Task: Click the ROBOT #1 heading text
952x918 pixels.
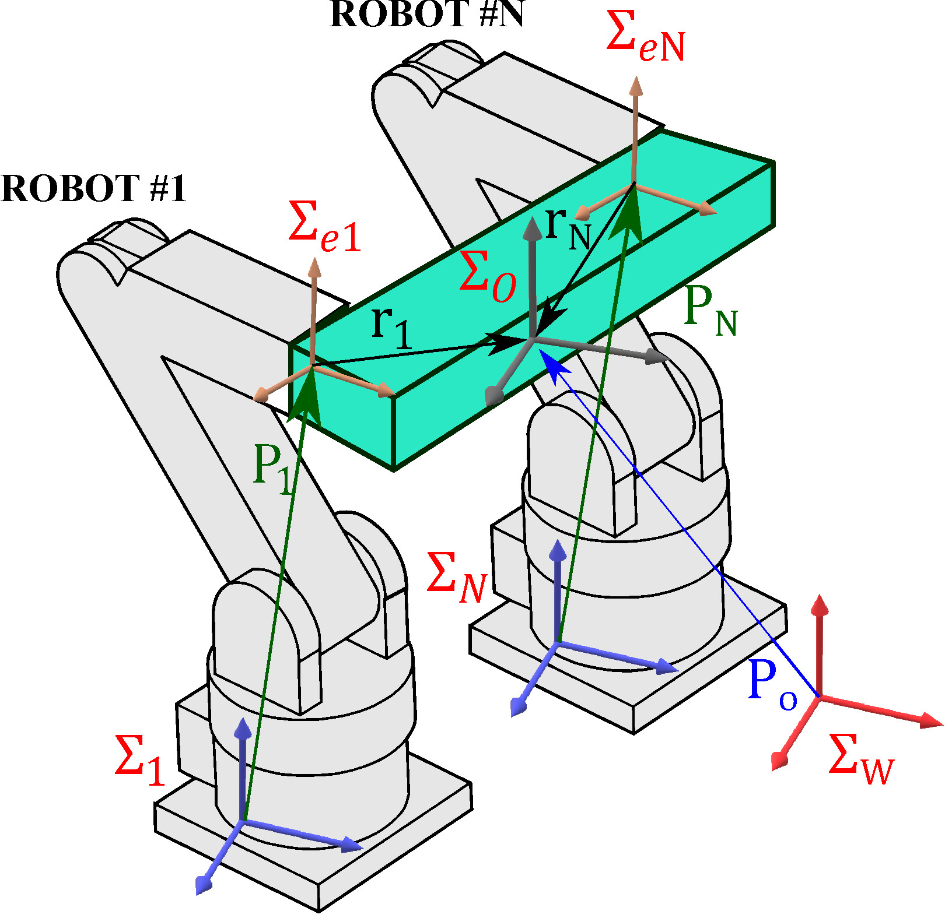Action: click(93, 189)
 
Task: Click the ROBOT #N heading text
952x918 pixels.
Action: click(426, 15)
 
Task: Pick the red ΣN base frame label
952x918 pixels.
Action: click(456, 578)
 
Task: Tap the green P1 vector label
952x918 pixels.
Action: click(272, 468)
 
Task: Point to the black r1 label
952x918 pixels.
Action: click(391, 327)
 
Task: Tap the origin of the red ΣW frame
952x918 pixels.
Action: click(820, 697)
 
